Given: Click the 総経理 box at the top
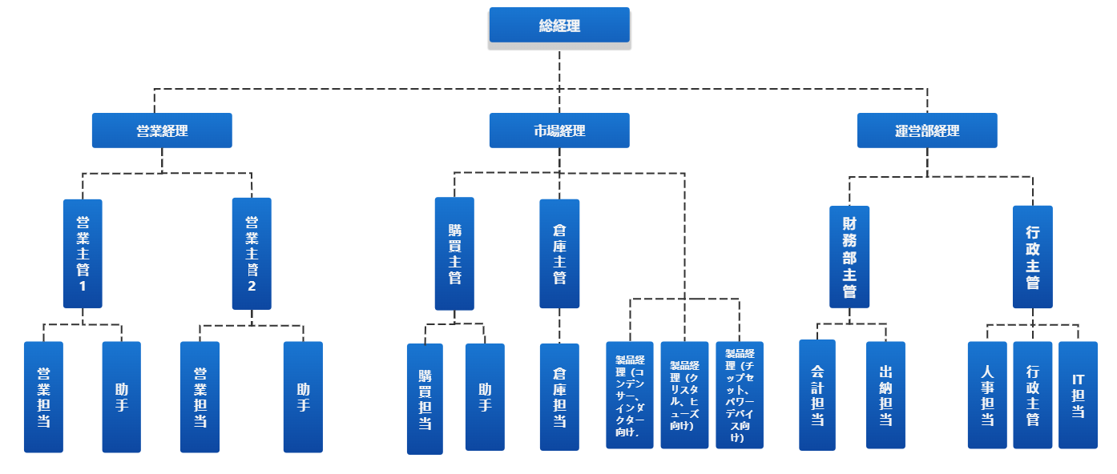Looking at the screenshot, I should point(559,26).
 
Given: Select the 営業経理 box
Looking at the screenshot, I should point(162,131).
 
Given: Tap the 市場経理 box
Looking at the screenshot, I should point(559,131).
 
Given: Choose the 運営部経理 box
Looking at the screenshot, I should point(927,131).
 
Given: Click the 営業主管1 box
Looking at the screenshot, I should point(83,253).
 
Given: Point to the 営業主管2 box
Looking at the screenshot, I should point(252,253).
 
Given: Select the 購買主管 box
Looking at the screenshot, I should point(454,253).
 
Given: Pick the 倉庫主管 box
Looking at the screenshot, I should point(559,254).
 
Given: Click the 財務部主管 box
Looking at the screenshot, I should point(849,256).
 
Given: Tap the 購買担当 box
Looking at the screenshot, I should point(425,399).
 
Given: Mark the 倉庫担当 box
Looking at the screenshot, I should point(559,397).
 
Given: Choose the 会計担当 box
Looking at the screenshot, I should point(817,394).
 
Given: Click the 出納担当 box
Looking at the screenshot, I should point(885,395).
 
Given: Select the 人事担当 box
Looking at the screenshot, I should point(987,395).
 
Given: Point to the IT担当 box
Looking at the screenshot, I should point(1078,394).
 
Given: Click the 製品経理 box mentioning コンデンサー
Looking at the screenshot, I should point(630,395).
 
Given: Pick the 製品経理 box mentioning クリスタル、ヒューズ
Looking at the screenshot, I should point(684,395).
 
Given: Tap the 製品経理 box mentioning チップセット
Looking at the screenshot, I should point(739,395).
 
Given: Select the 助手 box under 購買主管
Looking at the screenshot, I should point(485,397).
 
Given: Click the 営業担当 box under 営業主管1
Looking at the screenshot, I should point(43,397).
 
